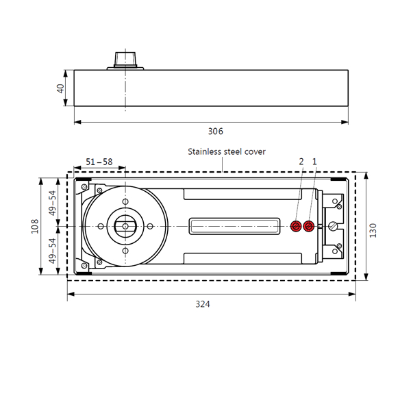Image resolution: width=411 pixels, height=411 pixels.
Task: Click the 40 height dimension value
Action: (x=60, y=88)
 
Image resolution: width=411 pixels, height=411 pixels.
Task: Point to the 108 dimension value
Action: (x=35, y=227)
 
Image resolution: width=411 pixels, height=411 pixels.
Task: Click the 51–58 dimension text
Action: (x=99, y=162)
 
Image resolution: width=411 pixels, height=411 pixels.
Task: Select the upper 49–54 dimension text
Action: (x=53, y=203)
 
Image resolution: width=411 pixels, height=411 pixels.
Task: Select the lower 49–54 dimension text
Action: (x=53, y=251)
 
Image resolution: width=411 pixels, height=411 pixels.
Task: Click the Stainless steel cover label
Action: (x=226, y=151)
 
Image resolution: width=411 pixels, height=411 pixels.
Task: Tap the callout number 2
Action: (x=301, y=162)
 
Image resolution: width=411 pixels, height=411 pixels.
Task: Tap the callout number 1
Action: (x=314, y=162)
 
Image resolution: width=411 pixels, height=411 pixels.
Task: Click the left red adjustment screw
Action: (x=296, y=226)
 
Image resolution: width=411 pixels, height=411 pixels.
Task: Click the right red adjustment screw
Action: (x=310, y=226)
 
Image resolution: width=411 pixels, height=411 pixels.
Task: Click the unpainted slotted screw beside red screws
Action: (x=333, y=226)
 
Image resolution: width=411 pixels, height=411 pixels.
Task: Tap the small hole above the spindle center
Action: (x=125, y=201)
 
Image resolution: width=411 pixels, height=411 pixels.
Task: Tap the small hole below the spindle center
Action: (x=125, y=251)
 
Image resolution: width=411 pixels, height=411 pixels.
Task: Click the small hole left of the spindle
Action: (x=101, y=226)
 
